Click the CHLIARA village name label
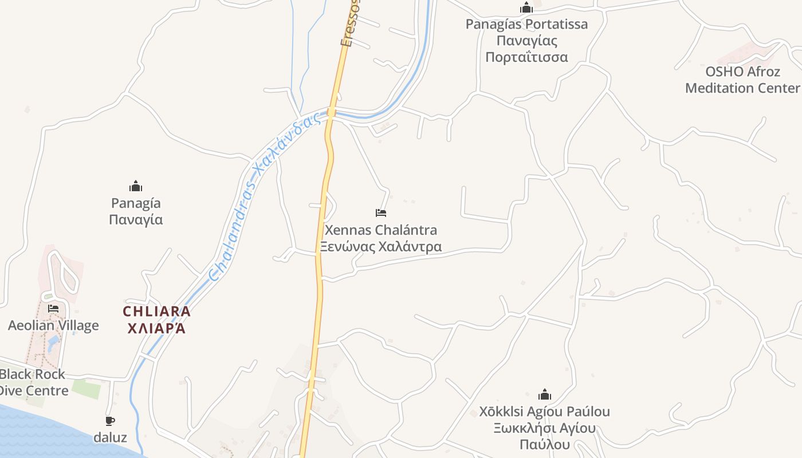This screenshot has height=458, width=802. pyautogui.click(x=156, y=312)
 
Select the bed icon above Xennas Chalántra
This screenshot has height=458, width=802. pyautogui.click(x=381, y=213)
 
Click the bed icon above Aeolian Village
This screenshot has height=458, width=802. pyautogui.click(x=53, y=309)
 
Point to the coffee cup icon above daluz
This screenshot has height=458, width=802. pyautogui.click(x=110, y=421)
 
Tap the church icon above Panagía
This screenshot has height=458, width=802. pyautogui.click(x=136, y=186)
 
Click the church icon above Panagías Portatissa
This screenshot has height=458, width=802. pyautogui.click(x=526, y=7)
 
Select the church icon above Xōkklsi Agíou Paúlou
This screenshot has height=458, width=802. pyautogui.click(x=545, y=394)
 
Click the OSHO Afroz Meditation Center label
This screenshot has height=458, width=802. pyautogui.click(x=742, y=80)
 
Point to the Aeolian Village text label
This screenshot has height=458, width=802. pyautogui.click(x=53, y=326)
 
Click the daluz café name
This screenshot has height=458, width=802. pyautogui.click(x=110, y=437)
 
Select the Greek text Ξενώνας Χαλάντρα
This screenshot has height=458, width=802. pyautogui.click(x=380, y=247)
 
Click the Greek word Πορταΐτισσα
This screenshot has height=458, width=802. pyautogui.click(x=526, y=57)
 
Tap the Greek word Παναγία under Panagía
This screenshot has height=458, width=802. pyautogui.click(x=136, y=220)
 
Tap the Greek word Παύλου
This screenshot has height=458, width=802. pyautogui.click(x=544, y=445)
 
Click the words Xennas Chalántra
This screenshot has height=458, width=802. pyautogui.click(x=380, y=230)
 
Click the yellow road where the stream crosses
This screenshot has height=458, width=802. pyautogui.click(x=331, y=112)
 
